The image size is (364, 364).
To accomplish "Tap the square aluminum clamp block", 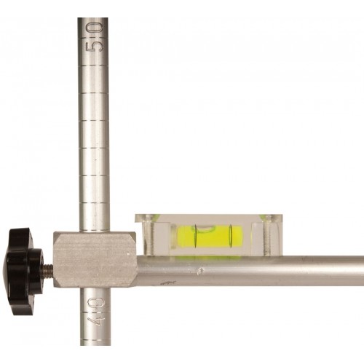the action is click(x=95, y=260).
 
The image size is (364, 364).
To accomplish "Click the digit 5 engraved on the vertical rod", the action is click(x=95, y=46).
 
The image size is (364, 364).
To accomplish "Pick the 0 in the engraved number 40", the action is click(x=95, y=303).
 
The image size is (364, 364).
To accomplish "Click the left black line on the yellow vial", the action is click(x=195, y=237).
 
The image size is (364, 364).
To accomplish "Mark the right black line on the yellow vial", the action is click(x=231, y=237).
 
